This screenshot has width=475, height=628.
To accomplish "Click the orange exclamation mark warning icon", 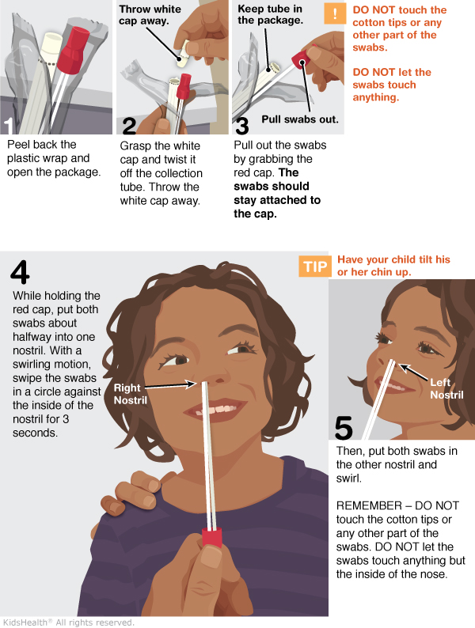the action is click(335, 13).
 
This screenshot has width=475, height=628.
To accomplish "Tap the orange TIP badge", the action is click(315, 267).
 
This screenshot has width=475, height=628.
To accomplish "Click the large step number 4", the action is click(20, 272).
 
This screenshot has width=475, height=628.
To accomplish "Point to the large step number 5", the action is click(344, 427).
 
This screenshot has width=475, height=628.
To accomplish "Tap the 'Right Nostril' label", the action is click(131, 394).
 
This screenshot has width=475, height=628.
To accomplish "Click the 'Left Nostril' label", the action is click(446, 388).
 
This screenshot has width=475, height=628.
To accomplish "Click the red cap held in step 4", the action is click(211, 538).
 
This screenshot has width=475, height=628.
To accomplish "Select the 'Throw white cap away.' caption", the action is click(150, 15).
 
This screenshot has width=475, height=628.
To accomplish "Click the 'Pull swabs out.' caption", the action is click(300, 119).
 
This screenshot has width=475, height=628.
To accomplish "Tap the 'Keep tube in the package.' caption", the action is click(270, 14).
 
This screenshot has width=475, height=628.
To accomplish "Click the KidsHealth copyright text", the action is click(68, 622).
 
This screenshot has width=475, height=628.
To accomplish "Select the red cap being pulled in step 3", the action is click(300, 59).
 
